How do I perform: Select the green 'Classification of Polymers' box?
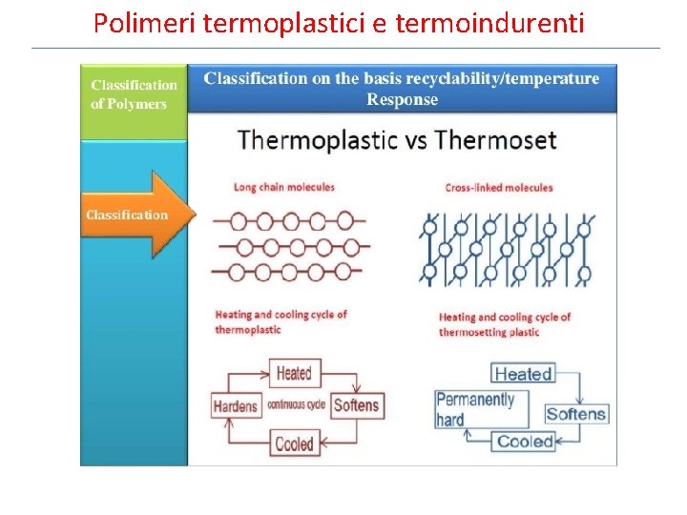[x=134, y=95]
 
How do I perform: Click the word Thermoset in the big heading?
[x=496, y=140]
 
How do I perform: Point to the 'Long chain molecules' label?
[x=284, y=187]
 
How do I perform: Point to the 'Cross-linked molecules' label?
[x=499, y=188]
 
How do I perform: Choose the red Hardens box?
[x=235, y=405]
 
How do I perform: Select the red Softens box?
[x=357, y=405]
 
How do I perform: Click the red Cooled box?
[x=294, y=443]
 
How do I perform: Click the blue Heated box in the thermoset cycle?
[x=522, y=374]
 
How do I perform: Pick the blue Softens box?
[x=576, y=414]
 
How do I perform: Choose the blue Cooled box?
[x=525, y=442]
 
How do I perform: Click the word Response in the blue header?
[x=402, y=99]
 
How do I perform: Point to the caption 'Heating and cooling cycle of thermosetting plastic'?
[x=504, y=324]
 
